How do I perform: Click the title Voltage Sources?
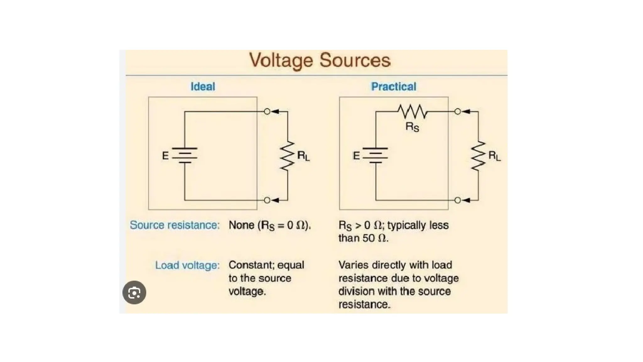[x=320, y=60]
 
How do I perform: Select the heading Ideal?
[x=203, y=87]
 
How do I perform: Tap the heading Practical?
[x=393, y=87]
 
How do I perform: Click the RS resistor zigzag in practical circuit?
[x=412, y=112]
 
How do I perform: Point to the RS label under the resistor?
[x=412, y=127]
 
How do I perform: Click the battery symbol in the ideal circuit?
[x=185, y=156]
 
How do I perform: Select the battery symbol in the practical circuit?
[x=376, y=156]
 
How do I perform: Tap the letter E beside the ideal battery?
[x=165, y=156]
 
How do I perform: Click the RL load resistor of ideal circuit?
[x=287, y=156]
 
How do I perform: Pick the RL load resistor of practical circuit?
[x=478, y=156]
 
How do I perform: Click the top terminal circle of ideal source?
[x=267, y=112]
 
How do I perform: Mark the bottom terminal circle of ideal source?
[x=267, y=200]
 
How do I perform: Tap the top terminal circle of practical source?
[x=458, y=112]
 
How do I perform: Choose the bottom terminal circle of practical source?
[x=458, y=200]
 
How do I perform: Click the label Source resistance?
[x=175, y=225]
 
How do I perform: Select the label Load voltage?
[x=187, y=266]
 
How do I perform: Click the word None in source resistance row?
[x=241, y=225]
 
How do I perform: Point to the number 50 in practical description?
[x=369, y=238]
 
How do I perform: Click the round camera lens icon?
[x=134, y=293]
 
